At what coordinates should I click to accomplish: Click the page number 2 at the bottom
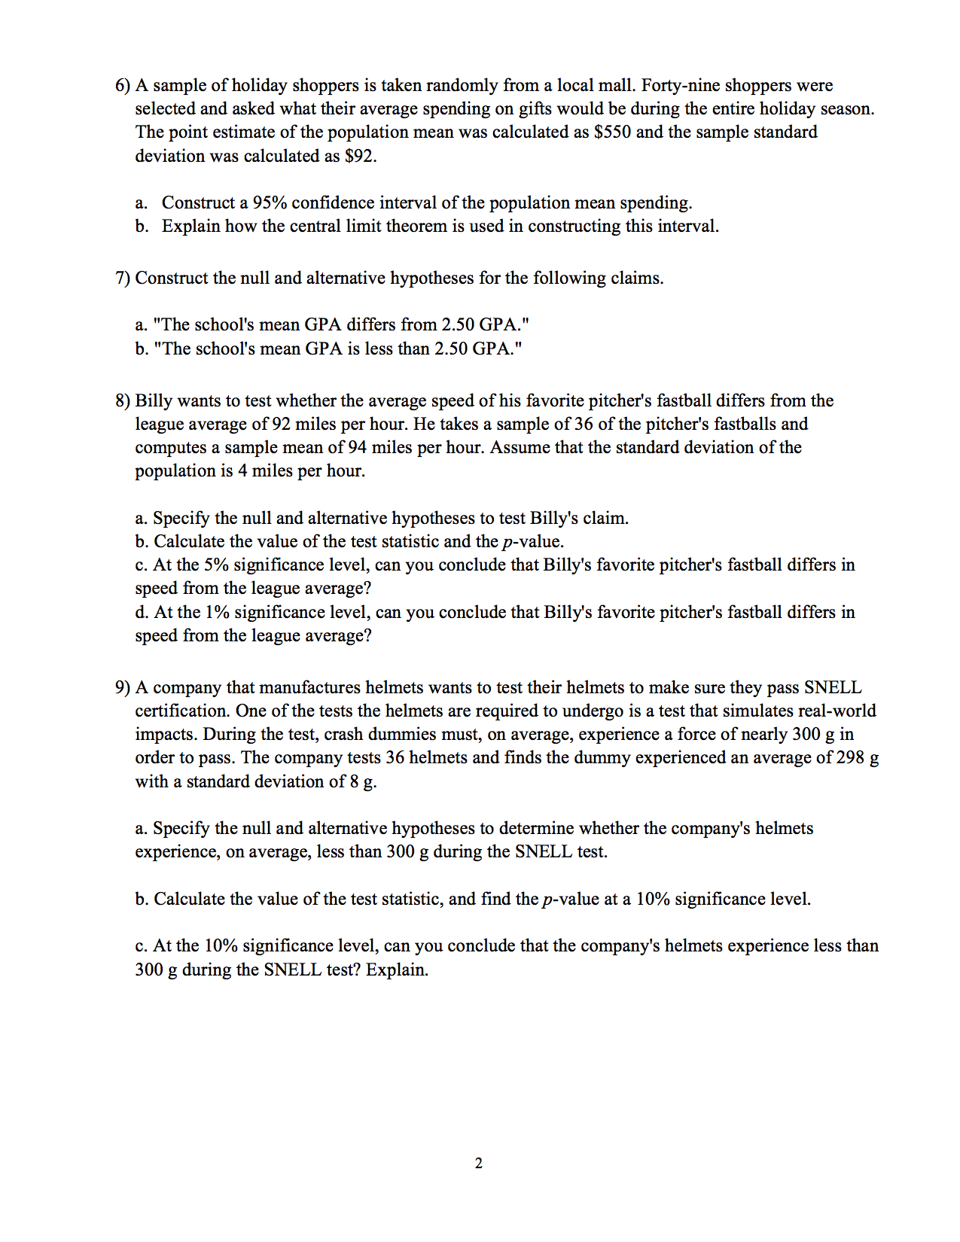tap(479, 1163)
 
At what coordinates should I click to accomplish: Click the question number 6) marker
tap(123, 86)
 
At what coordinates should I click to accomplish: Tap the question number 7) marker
tap(123, 279)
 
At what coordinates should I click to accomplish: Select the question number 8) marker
tap(123, 401)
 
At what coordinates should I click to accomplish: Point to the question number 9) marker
tap(123, 688)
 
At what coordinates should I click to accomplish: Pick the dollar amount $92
tap(360, 157)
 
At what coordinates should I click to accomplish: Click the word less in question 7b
tap(379, 349)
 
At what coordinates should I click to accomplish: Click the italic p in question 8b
tap(506, 543)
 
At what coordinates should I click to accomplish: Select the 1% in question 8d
tap(216, 613)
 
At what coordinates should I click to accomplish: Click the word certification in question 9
tap(181, 711)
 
